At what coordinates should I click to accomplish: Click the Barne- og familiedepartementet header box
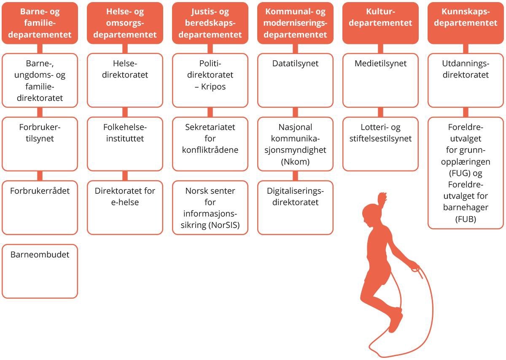40,23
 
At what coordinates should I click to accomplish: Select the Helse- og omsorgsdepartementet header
125,23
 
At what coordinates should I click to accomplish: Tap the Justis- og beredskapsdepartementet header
210,23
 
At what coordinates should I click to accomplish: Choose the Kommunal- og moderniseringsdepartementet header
295,23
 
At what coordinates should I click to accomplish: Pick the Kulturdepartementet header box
380,23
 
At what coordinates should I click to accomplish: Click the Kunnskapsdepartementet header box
466,23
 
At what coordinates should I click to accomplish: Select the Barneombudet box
40,271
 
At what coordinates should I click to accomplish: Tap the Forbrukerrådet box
40,207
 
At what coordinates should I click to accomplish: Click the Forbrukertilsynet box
40,143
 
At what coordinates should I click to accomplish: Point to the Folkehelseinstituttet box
125,143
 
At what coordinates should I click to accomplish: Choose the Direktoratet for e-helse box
125,207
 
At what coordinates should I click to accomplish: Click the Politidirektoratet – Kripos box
210,80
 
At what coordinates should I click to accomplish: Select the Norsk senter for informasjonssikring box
210,207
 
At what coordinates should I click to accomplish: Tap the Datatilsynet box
295,80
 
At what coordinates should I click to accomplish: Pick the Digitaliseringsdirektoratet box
295,207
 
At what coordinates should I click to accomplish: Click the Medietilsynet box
380,80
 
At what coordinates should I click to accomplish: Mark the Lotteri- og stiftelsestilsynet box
380,143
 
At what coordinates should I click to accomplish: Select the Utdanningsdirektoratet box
466,80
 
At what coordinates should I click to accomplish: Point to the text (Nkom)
295,161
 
